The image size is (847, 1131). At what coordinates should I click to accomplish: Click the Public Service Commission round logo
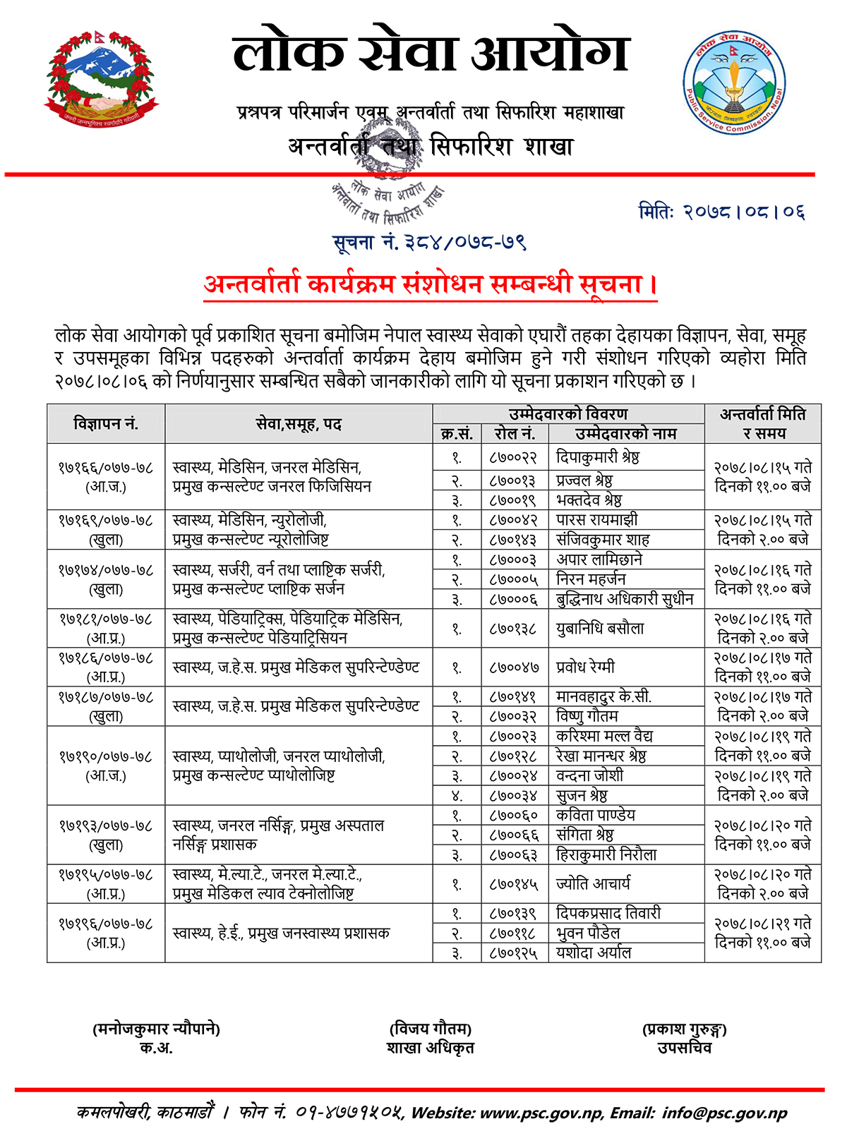point(734,83)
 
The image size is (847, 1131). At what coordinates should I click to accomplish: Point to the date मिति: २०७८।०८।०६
point(721,211)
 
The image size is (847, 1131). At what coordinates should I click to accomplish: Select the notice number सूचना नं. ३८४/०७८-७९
point(430,242)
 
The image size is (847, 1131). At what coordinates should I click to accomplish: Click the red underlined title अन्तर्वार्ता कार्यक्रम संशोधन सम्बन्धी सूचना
point(430,284)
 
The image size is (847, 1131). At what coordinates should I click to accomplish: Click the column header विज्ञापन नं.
point(106,424)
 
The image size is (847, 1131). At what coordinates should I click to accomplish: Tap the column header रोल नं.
point(515,434)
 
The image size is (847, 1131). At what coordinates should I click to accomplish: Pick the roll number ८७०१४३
point(513,540)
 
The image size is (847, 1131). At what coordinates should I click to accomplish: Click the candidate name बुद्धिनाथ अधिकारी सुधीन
point(625,599)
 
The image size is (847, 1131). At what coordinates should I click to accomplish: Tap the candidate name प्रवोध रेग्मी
point(586,667)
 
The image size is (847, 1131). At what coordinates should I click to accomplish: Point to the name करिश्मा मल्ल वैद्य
point(604,736)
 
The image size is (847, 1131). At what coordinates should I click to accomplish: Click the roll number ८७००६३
point(513,854)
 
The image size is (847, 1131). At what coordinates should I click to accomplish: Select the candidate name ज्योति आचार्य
point(593,883)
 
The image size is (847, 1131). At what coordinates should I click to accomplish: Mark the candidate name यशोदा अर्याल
point(594,952)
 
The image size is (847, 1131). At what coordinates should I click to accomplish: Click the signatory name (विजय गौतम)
point(430,1029)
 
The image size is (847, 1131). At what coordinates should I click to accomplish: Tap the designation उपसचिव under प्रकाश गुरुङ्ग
point(684,1048)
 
